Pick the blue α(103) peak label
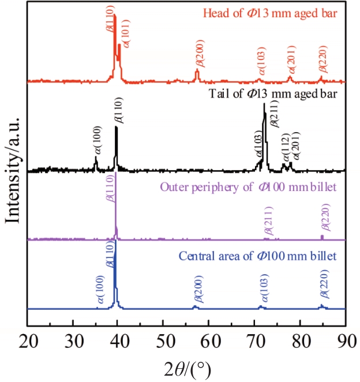coord(265,289)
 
